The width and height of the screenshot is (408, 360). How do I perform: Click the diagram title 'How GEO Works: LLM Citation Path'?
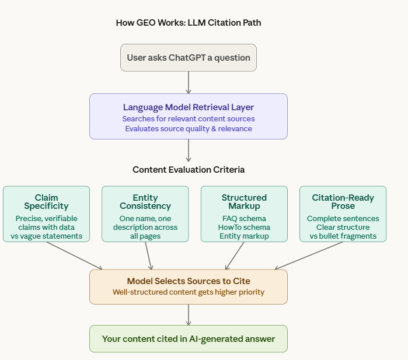coord(188,23)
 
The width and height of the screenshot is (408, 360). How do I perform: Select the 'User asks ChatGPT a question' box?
coord(188,58)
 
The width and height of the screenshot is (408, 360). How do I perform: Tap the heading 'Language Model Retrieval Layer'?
coord(188,107)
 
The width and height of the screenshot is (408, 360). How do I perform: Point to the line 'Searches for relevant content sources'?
coord(188,118)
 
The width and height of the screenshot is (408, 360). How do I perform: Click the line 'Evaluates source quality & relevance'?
coord(188,128)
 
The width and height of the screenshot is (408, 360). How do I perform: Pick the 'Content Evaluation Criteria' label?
coord(188,170)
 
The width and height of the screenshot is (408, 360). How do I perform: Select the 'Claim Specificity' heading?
coord(46,202)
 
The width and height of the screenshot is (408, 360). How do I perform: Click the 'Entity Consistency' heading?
coord(145,202)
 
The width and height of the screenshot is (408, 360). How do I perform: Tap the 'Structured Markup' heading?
coord(244,202)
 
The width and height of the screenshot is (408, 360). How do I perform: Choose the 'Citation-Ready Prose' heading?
coord(343,202)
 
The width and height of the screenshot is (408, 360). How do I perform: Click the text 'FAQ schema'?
coord(244,218)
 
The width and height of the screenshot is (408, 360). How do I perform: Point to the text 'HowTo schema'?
coord(244,227)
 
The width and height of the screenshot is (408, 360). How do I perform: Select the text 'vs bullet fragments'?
coord(343,236)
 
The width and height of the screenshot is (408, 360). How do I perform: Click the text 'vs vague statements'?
coord(46,236)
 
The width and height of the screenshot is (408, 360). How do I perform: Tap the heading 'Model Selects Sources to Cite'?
coord(188,281)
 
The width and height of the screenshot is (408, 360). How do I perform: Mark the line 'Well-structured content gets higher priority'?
coord(188,292)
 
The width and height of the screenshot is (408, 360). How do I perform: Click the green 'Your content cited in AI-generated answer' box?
coord(188,339)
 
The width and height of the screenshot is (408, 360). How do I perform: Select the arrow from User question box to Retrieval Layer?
coord(188,82)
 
